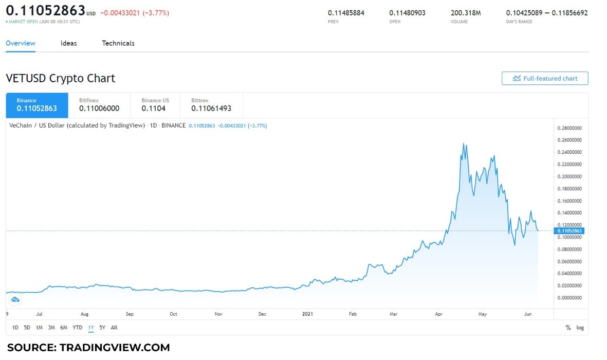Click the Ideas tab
tap(68, 43)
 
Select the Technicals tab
tap(118, 43)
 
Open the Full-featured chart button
tap(545, 78)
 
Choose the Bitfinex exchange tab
tap(99, 105)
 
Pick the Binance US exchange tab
tap(155, 105)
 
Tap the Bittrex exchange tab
tap(211, 105)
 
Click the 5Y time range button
tap(102, 328)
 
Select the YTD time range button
tap(77, 328)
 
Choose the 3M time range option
tap(51, 328)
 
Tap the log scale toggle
tap(580, 328)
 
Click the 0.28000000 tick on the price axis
tap(570, 128)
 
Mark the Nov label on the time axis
tap(218, 314)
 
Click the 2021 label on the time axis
tap(307, 314)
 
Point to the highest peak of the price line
tap(464, 144)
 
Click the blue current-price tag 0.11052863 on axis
tap(569, 231)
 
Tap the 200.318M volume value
tap(466, 13)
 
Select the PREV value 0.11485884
tap(346, 13)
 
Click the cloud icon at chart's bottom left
tap(15, 299)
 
